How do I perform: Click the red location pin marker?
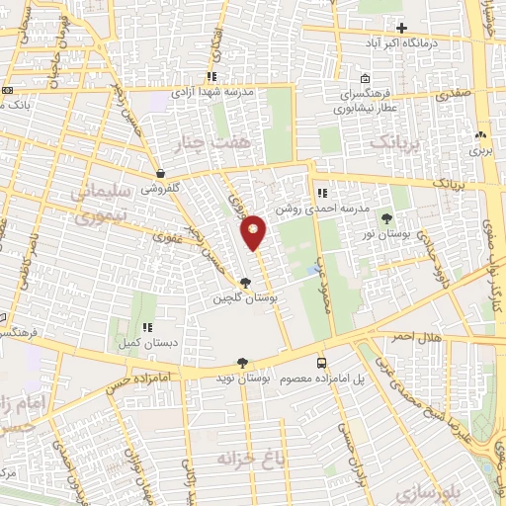(x=253, y=231)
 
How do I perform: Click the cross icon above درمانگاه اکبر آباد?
(x=401, y=27)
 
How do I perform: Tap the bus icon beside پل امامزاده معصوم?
(x=320, y=363)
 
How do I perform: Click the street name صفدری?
(x=452, y=94)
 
